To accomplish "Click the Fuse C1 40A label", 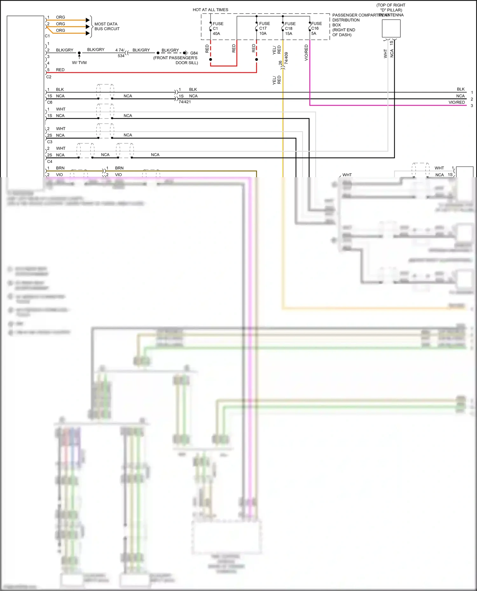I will coord(218,29).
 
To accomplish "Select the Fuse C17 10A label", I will coord(264,29).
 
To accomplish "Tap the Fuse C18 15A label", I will coord(290,29).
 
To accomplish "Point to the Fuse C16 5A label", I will coord(316,29).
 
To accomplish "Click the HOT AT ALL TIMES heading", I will coord(210,10).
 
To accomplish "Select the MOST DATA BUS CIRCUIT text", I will coord(107,26).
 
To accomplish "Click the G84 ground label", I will coord(194,53).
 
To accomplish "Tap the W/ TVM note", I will coord(79,63).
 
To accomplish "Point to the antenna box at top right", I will coord(391,29).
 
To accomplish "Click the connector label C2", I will coord(49,77).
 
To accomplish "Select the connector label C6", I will coord(50,102).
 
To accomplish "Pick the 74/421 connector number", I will coord(184,102).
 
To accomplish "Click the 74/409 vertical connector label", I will coord(286,58).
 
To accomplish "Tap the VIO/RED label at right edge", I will coord(456,102).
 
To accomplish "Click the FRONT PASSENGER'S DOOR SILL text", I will coord(176,60).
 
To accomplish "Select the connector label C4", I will coord(50,161).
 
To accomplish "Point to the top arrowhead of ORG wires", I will coord(88,20).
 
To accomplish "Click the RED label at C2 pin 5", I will coord(60,70).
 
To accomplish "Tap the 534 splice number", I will coord(121,56).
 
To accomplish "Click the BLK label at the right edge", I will coord(460,89).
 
